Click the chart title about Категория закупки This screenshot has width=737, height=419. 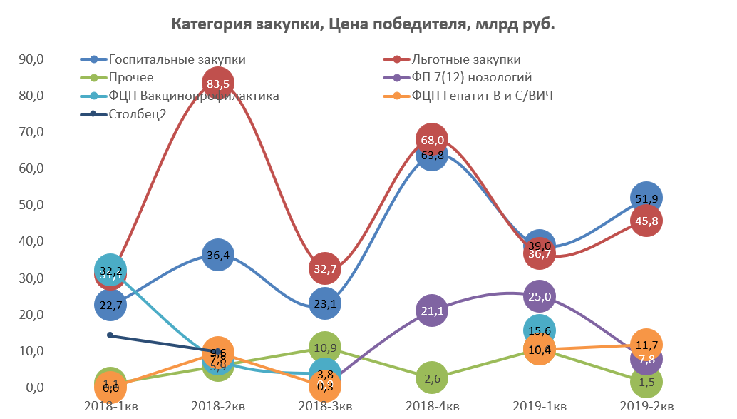[363, 24]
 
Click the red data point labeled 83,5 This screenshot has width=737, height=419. [217, 84]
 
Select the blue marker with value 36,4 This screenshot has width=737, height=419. [217, 255]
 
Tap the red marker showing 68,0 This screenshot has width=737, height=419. [432, 140]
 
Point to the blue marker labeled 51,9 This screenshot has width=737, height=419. [646, 198]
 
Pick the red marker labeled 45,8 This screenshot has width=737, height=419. [646, 221]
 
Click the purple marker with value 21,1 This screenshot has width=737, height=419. [432, 311]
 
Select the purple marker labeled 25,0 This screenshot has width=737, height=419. [540, 296]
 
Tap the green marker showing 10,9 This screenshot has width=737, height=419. [324, 348]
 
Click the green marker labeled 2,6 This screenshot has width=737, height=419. [432, 378]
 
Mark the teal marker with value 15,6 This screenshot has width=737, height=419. [540, 330]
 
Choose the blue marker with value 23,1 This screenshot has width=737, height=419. [324, 303]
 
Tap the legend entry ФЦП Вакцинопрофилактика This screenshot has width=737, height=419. [193, 96]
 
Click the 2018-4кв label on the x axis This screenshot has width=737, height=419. [432, 406]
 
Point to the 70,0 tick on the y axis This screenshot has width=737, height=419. [32, 132]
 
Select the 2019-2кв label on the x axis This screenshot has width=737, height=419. [646, 406]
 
